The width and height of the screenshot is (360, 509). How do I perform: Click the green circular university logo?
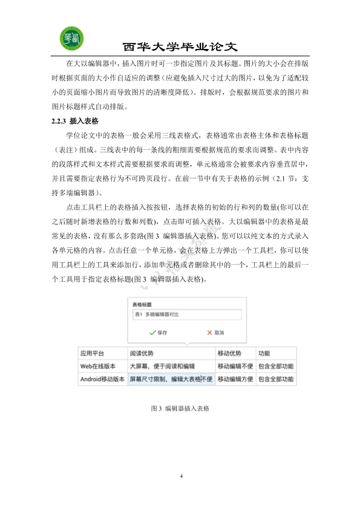point(72,39)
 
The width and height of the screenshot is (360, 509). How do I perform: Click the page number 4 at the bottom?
point(181,477)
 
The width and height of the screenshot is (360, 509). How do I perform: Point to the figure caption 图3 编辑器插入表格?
point(180,409)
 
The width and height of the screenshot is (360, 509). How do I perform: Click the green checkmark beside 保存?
point(152,332)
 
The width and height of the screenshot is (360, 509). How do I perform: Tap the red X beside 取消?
point(210,332)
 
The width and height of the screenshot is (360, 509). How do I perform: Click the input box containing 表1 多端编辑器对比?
point(186,315)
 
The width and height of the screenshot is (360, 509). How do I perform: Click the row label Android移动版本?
point(102,380)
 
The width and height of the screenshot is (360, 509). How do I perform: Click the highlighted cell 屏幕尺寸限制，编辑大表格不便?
point(171,380)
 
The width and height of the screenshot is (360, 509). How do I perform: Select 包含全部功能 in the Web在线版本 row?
point(275,366)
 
